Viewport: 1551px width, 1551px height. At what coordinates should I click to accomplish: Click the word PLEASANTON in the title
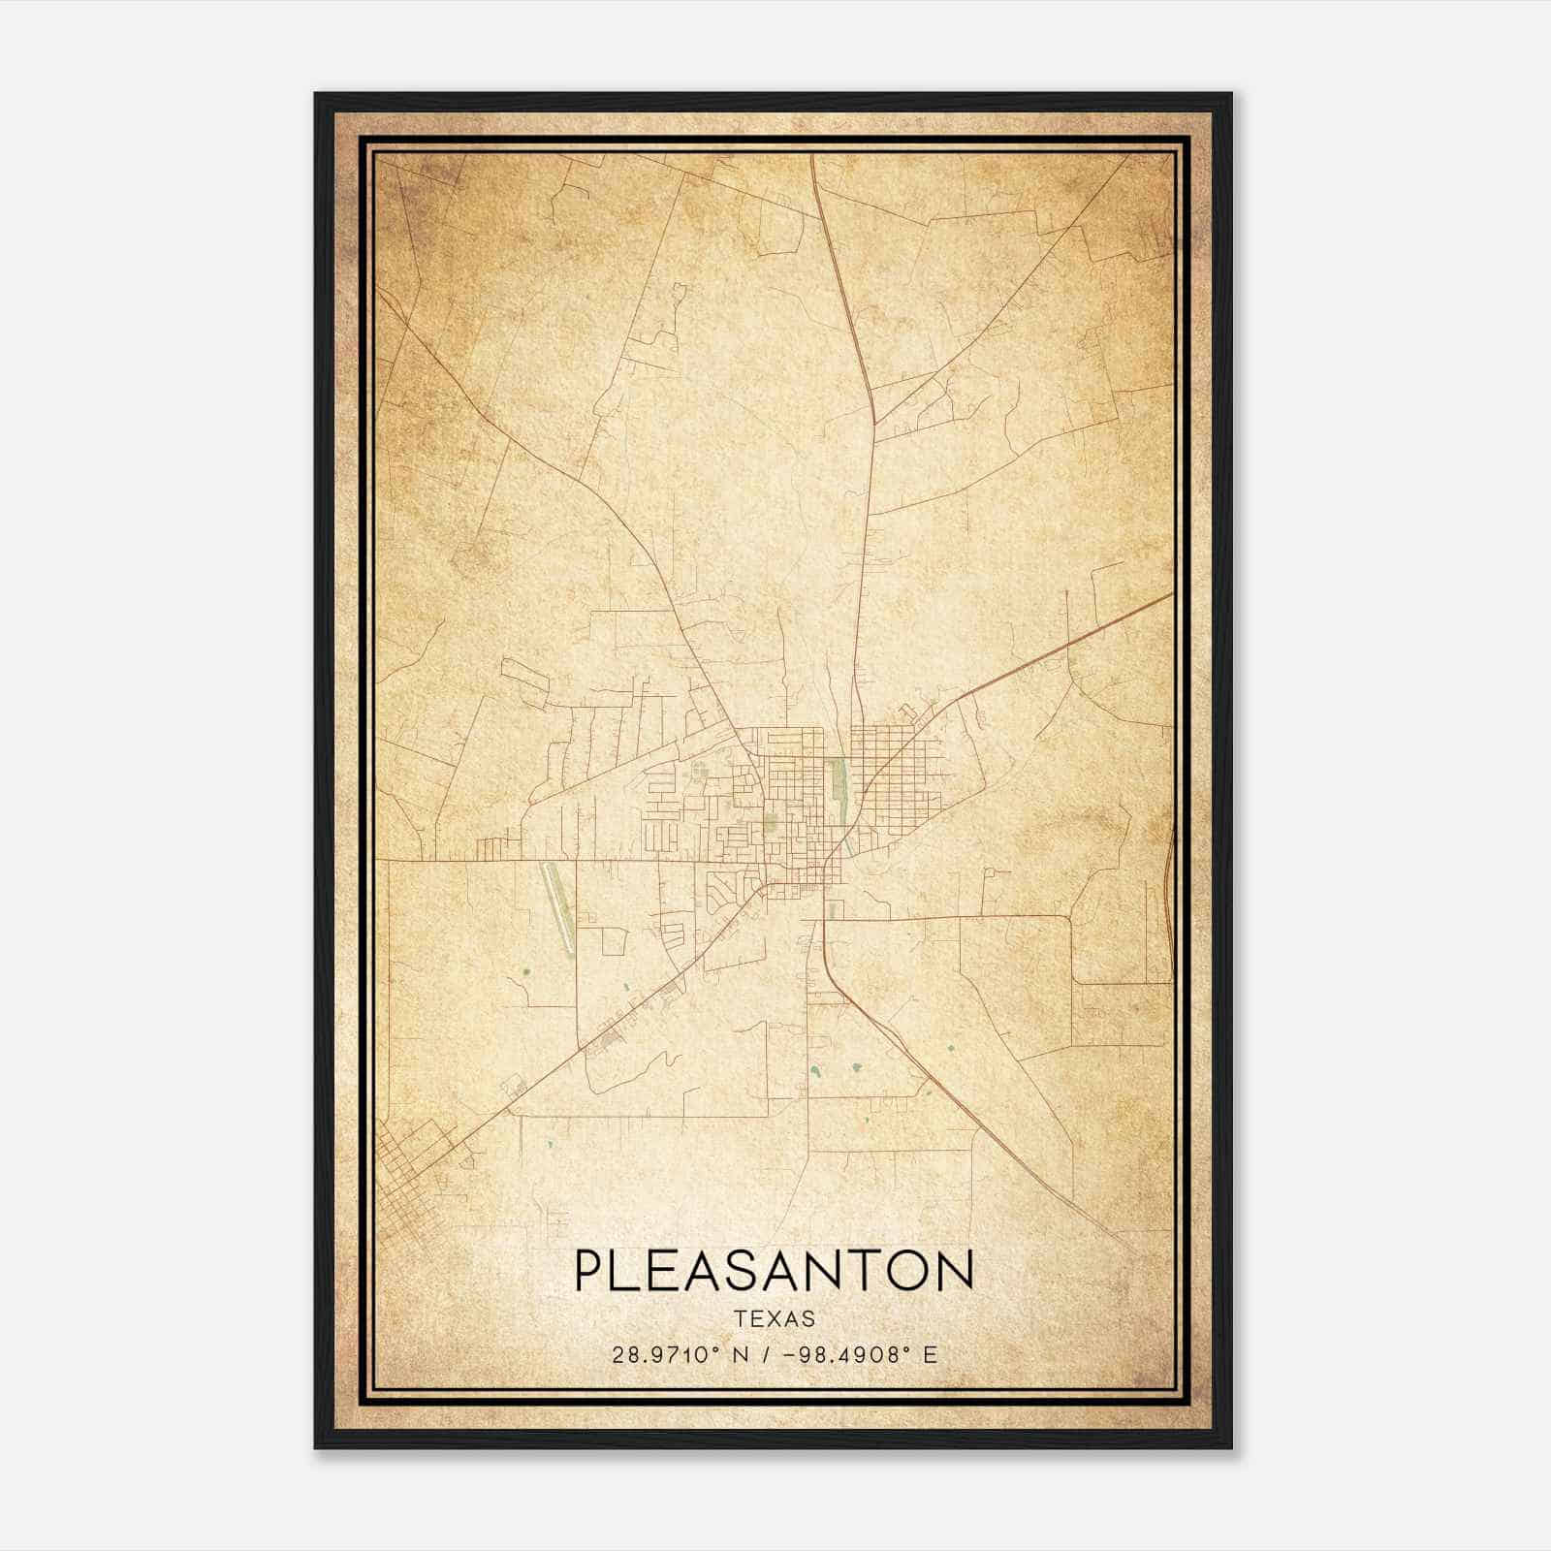(775, 1270)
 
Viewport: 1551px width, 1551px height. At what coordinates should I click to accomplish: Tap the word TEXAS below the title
(775, 1318)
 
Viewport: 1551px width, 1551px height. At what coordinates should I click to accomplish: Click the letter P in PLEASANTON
(588, 1270)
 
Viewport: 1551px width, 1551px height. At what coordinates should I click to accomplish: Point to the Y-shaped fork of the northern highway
(874, 425)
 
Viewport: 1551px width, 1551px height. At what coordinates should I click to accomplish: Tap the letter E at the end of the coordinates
(931, 1355)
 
